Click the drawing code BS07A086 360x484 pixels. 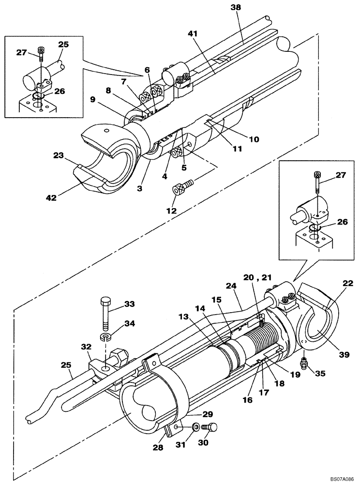tap(339, 479)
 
